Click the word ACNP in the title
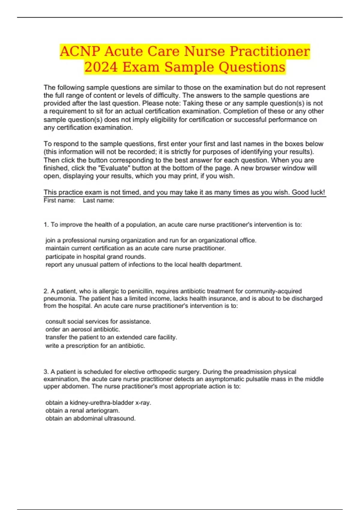(x=80, y=51)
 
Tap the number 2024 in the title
(x=101, y=67)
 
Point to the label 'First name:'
(x=59, y=200)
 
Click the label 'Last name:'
(x=98, y=200)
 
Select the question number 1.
(x=46, y=225)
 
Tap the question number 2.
(x=46, y=291)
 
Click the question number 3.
(x=46, y=372)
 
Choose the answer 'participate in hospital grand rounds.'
(x=95, y=257)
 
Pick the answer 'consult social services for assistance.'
(x=98, y=322)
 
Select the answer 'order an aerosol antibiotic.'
(x=82, y=329)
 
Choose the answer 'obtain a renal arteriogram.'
(x=82, y=410)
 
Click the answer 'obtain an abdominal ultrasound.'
(x=90, y=418)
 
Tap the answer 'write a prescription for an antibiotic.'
(x=95, y=346)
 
